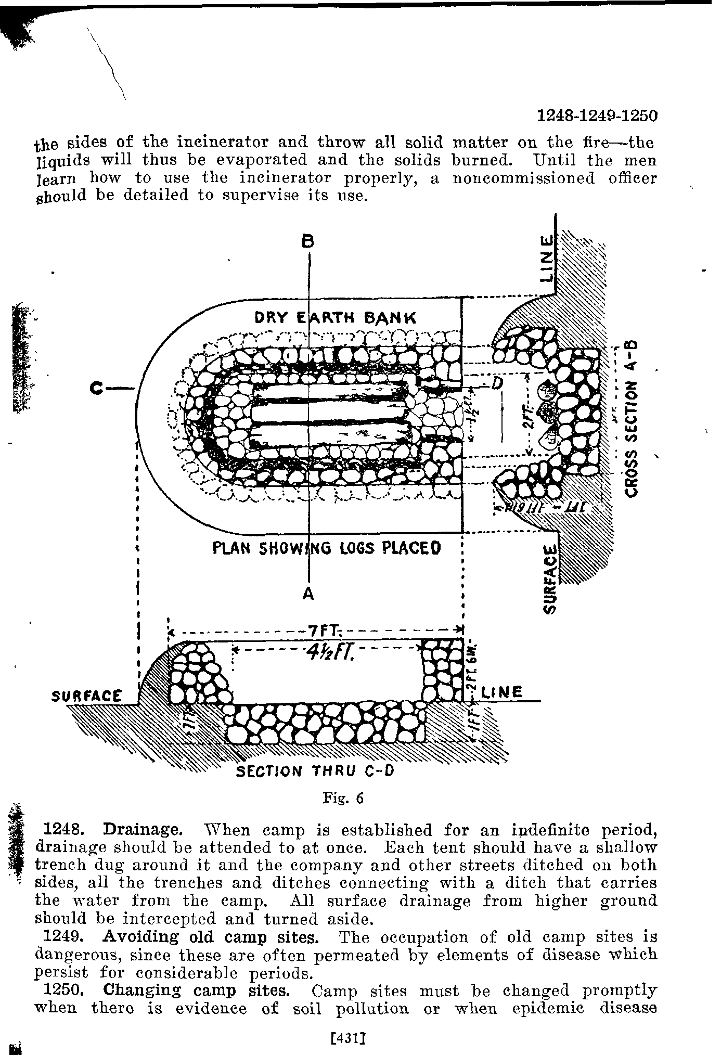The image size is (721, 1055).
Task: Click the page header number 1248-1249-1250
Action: [x=597, y=115]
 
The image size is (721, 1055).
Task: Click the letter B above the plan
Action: [x=308, y=241]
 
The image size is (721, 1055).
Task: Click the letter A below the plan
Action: [x=308, y=594]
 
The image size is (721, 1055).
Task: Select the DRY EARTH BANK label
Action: [x=336, y=317]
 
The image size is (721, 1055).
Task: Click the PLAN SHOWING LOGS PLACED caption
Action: [x=327, y=548]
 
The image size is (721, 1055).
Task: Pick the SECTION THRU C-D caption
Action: [x=315, y=770]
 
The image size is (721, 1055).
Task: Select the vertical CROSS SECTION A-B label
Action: [x=632, y=419]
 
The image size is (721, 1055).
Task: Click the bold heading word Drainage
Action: [x=143, y=829]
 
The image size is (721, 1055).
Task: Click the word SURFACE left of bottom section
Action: [x=88, y=696]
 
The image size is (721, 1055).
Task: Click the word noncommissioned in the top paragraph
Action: [x=523, y=178]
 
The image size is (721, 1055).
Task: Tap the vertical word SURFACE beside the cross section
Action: [x=550, y=580]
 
